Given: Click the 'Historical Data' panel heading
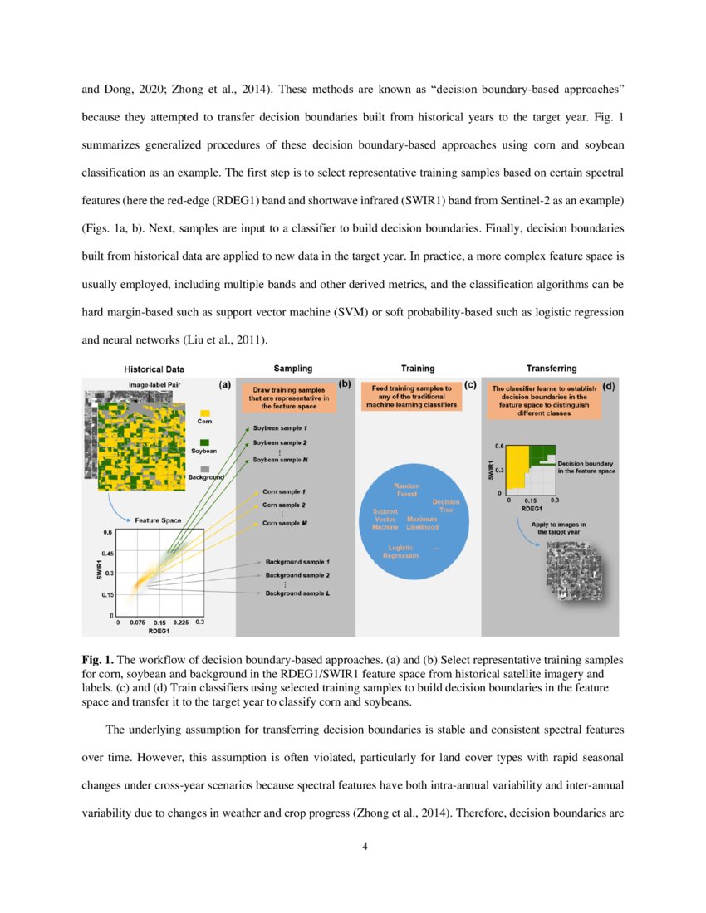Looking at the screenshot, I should click(x=154, y=369).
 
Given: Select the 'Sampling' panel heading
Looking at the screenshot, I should click(x=293, y=368).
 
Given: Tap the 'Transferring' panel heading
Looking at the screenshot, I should click(x=552, y=368).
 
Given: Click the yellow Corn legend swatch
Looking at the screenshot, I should click(x=204, y=412).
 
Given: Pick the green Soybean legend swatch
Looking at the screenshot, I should click(x=204, y=442).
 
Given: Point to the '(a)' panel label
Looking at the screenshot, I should click(x=224, y=385).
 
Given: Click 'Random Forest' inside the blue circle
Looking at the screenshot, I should click(x=407, y=490).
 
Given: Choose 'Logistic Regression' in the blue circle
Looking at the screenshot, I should click(x=400, y=552).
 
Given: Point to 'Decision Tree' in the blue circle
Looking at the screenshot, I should click(x=445, y=505).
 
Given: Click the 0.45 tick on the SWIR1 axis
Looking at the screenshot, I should click(x=108, y=553).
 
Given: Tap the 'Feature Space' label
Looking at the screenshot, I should click(x=159, y=520).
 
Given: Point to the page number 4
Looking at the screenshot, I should click(x=353, y=847).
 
